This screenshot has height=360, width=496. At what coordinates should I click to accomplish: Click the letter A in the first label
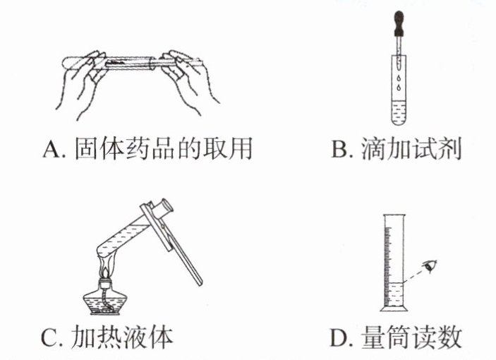click(x=52, y=149)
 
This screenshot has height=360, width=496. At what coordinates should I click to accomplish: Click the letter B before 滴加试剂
click(x=339, y=149)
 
